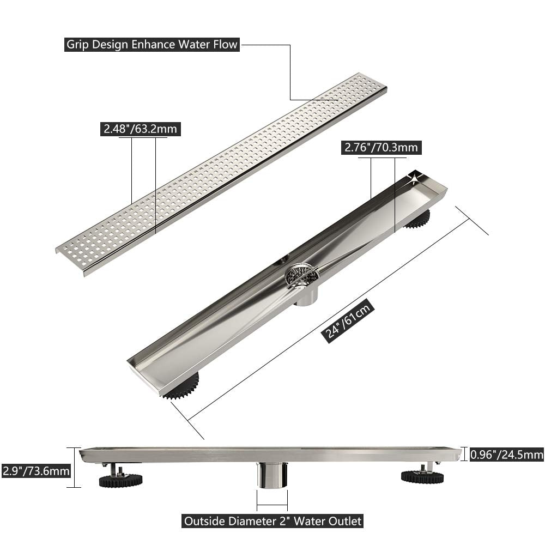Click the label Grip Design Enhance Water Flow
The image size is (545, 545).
pyautogui.click(x=152, y=44)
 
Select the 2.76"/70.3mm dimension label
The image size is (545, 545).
pyautogui.click(x=381, y=147)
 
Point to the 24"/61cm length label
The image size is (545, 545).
pyautogui.click(x=349, y=322)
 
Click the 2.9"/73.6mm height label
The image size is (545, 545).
pyautogui.click(x=36, y=470)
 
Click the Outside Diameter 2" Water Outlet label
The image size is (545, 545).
pyautogui.click(x=272, y=521)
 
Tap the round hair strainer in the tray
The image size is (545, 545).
pyautogui.click(x=301, y=275)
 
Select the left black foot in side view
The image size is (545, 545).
pyautogui.click(x=120, y=480)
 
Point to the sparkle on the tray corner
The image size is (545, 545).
pyautogui.click(x=417, y=176)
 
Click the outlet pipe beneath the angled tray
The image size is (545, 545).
pyautogui.click(x=305, y=297)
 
